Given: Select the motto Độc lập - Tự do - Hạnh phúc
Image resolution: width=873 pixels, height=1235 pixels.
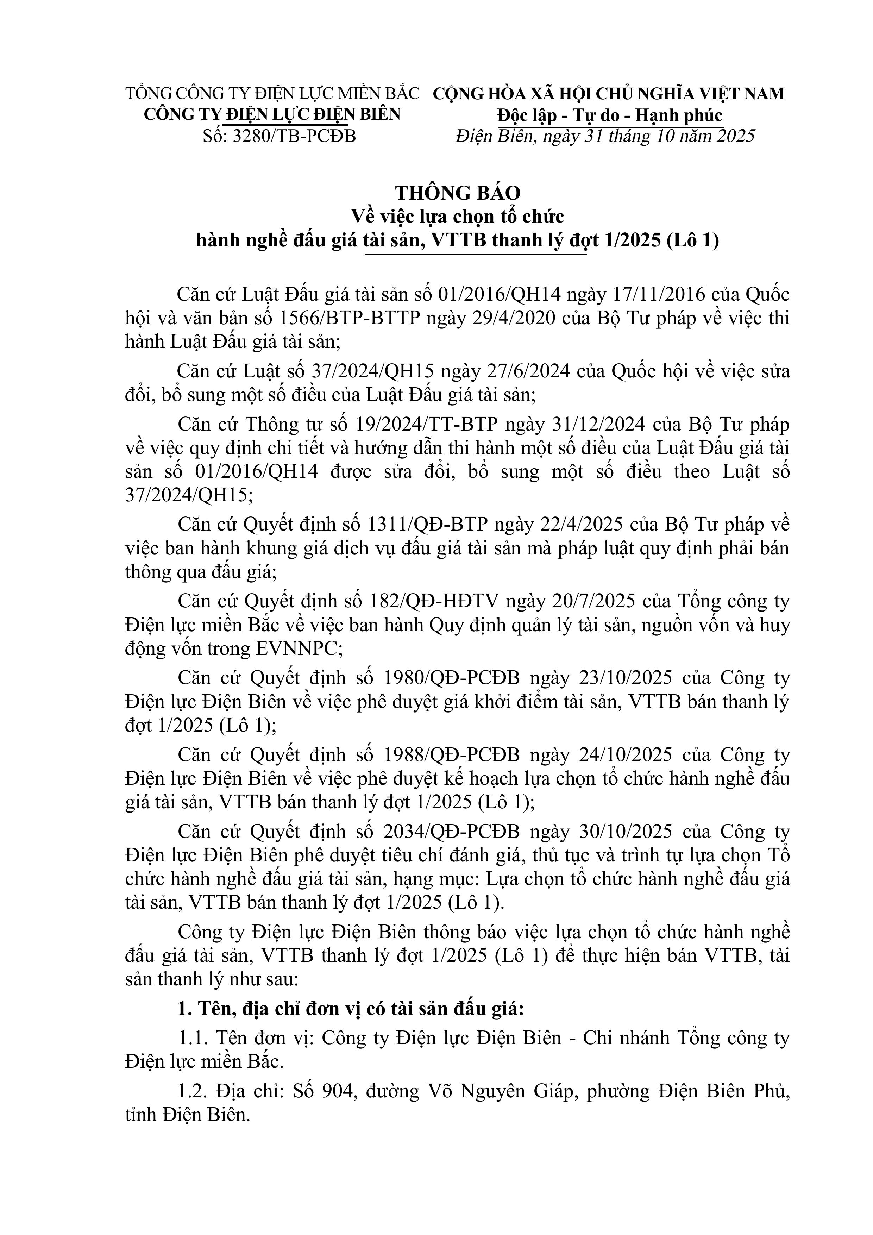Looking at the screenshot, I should [x=609, y=115].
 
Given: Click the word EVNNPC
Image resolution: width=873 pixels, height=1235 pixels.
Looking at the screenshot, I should [x=298, y=649].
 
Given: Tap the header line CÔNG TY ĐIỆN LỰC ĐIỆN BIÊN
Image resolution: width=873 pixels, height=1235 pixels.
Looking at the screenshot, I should [x=272, y=114].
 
